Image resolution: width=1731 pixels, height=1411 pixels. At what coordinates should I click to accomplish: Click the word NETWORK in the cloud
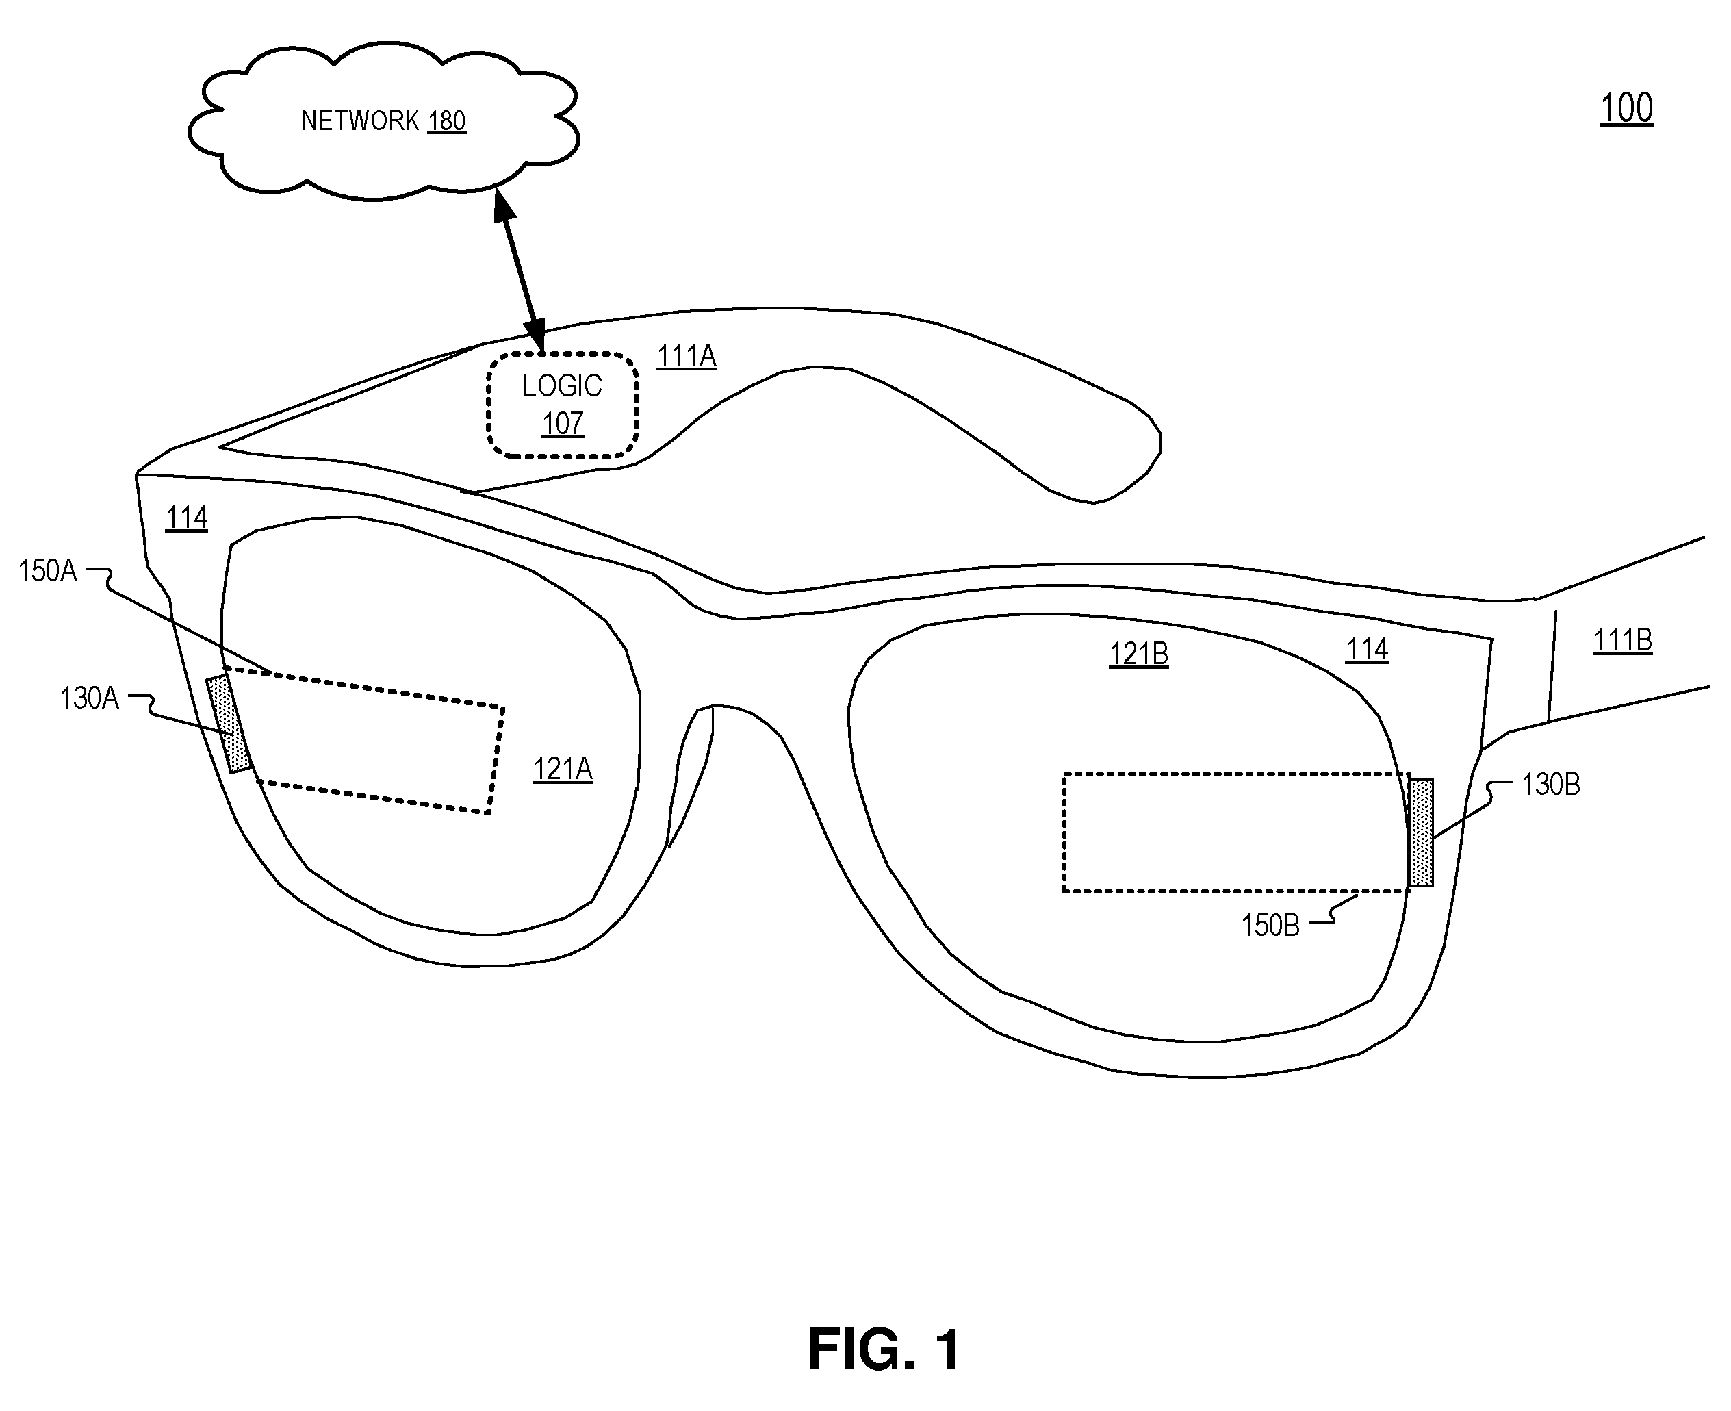click(x=360, y=121)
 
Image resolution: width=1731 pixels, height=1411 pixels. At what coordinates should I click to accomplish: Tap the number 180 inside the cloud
click(x=446, y=121)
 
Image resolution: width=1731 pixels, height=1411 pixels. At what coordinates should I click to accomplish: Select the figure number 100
click(x=1626, y=108)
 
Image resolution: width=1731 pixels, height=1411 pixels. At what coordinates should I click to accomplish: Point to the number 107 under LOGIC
click(x=563, y=424)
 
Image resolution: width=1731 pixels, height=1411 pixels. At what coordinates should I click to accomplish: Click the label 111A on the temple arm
click(x=687, y=356)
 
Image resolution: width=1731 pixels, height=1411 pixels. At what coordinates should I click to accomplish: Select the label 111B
click(x=1622, y=641)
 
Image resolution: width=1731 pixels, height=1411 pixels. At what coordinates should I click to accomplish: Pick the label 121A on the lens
click(x=563, y=769)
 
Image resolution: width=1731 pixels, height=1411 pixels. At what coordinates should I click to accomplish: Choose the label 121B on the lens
click(x=1138, y=654)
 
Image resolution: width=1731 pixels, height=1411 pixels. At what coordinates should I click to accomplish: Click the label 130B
click(x=1550, y=785)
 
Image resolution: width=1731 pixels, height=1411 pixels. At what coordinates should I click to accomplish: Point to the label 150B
click(x=1270, y=925)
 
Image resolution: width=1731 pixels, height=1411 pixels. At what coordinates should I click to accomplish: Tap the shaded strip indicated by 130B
click(x=1420, y=832)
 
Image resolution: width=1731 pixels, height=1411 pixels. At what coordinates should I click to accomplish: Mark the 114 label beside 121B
click(x=1367, y=650)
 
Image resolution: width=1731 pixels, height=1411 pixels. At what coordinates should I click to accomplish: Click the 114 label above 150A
click(x=186, y=518)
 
